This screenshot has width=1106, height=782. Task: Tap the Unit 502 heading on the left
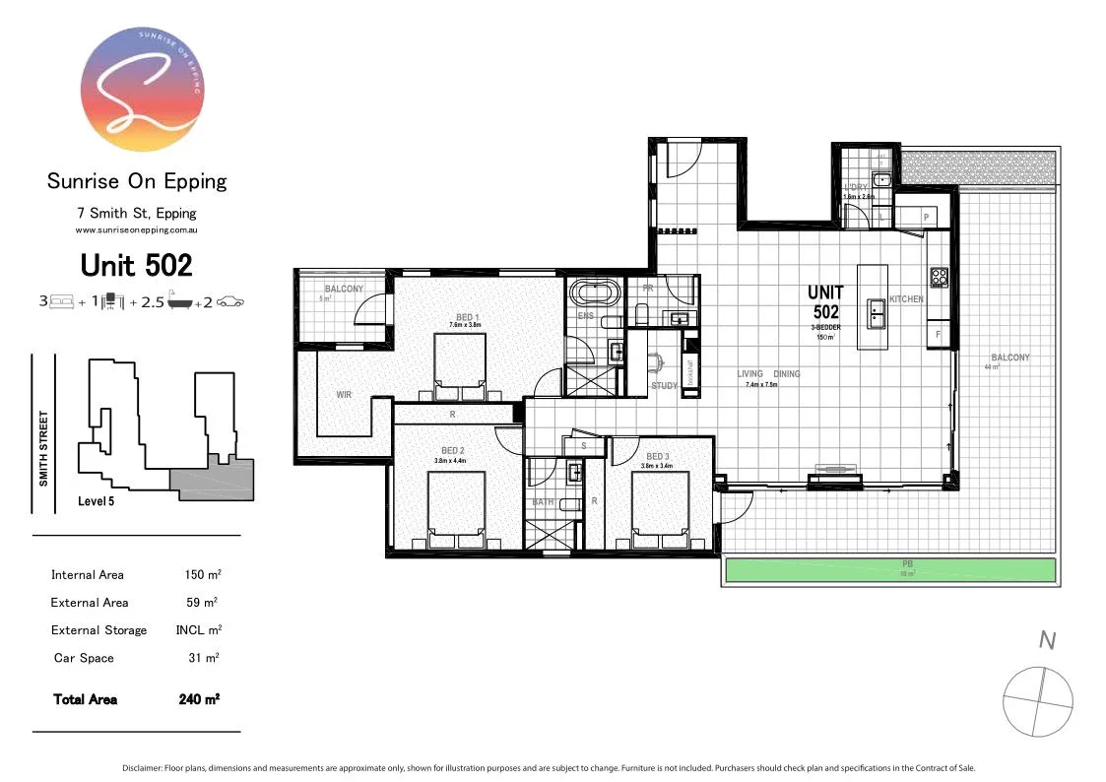[136, 265]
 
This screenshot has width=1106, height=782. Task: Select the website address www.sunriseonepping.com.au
[137, 229]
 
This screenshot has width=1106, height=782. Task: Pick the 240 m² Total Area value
[200, 699]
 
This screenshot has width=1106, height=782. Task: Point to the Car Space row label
[84, 658]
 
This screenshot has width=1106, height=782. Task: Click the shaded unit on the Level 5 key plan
[212, 484]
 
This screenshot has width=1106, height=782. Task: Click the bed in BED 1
[459, 364]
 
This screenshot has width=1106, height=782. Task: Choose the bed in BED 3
[659, 507]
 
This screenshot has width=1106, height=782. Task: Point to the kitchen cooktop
[939, 278]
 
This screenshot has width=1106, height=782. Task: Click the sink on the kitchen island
[874, 314]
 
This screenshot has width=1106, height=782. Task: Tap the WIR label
[344, 395]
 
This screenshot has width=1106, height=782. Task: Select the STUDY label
[664, 386]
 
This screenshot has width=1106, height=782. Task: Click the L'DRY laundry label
[856, 187]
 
